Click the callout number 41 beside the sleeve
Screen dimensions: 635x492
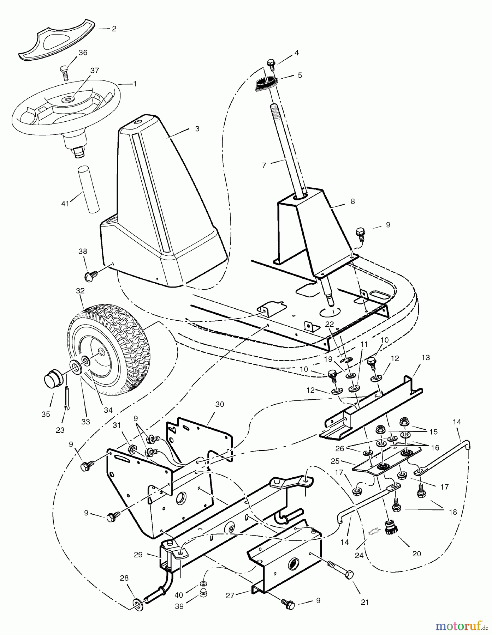coord(65,204)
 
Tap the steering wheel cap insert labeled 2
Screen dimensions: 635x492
coord(57,41)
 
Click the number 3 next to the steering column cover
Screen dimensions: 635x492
coord(197,129)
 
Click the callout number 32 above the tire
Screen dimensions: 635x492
coord(80,291)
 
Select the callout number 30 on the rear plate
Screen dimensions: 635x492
coord(220,404)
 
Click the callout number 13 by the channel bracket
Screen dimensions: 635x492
coord(426,357)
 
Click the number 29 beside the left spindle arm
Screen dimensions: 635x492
coord(138,555)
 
